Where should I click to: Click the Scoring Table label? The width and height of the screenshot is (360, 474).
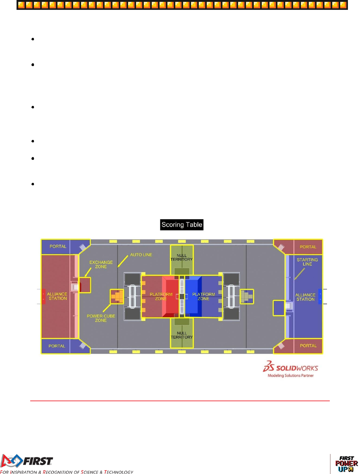[182, 225]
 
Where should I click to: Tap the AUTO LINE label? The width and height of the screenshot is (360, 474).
[141, 255]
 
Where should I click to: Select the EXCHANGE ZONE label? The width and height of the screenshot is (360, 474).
[101, 264]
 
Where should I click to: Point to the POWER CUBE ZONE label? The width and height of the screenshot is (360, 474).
[101, 318]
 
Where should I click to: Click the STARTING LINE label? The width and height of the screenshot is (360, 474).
[307, 262]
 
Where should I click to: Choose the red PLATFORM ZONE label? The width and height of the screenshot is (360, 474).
[161, 297]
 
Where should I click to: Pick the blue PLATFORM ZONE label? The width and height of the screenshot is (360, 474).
[204, 297]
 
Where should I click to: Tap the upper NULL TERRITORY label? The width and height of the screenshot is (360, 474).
[182, 258]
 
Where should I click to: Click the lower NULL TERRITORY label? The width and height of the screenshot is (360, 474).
[182, 335]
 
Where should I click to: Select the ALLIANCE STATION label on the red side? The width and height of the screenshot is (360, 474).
[58, 296]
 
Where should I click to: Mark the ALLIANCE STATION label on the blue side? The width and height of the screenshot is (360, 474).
[305, 297]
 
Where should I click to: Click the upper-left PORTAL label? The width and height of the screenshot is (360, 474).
[58, 246]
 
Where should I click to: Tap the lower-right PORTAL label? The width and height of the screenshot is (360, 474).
[308, 346]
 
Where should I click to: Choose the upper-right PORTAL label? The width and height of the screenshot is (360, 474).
[308, 247]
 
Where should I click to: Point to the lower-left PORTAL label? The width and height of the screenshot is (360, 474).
[57, 346]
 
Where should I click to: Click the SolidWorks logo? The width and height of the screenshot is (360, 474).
[290, 369]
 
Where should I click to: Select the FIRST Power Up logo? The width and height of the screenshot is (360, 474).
[346, 464]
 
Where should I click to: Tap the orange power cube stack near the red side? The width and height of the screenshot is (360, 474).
[117, 297]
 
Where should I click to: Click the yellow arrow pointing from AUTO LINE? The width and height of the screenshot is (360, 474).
[123, 261]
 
